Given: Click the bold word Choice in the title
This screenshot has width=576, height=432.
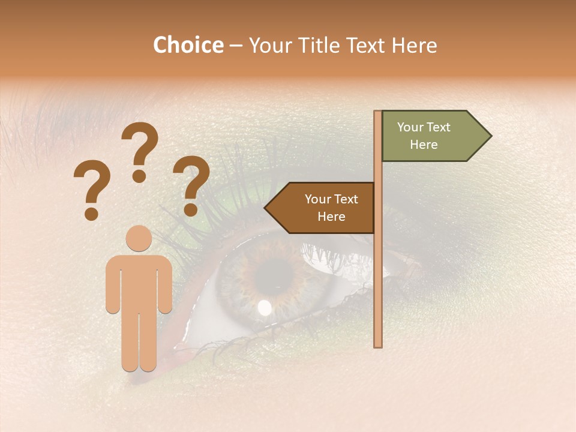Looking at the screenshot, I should pyautogui.click(x=188, y=46).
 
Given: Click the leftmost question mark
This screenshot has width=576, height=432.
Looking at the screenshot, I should pyautogui.click(x=91, y=187).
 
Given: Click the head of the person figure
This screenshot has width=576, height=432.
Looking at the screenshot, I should pyautogui.click(x=139, y=238).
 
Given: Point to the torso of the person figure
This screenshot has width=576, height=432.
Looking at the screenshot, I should pyautogui.click(x=139, y=282).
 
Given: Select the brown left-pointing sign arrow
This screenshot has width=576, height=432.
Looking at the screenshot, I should pyautogui.click(x=322, y=208).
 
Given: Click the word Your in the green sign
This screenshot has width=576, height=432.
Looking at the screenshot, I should pyautogui.click(x=410, y=127).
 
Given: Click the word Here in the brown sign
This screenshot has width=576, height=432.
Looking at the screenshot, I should pyautogui.click(x=331, y=217).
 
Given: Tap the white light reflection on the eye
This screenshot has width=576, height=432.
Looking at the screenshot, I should pyautogui.click(x=264, y=308).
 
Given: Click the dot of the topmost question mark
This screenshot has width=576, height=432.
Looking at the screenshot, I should pyautogui.click(x=139, y=176).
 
